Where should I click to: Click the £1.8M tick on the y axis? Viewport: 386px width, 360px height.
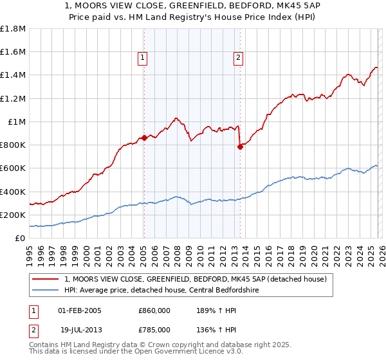[x=13, y=29]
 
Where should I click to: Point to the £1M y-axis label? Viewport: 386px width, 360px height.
[x=16, y=122]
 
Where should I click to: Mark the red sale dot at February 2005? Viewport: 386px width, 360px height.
[x=144, y=138]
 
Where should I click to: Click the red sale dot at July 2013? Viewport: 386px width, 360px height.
[x=240, y=147]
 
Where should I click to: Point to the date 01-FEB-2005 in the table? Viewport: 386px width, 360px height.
[x=80, y=310]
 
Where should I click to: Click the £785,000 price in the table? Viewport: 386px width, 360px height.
[x=154, y=329]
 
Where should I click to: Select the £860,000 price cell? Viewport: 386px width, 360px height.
[x=154, y=310]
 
